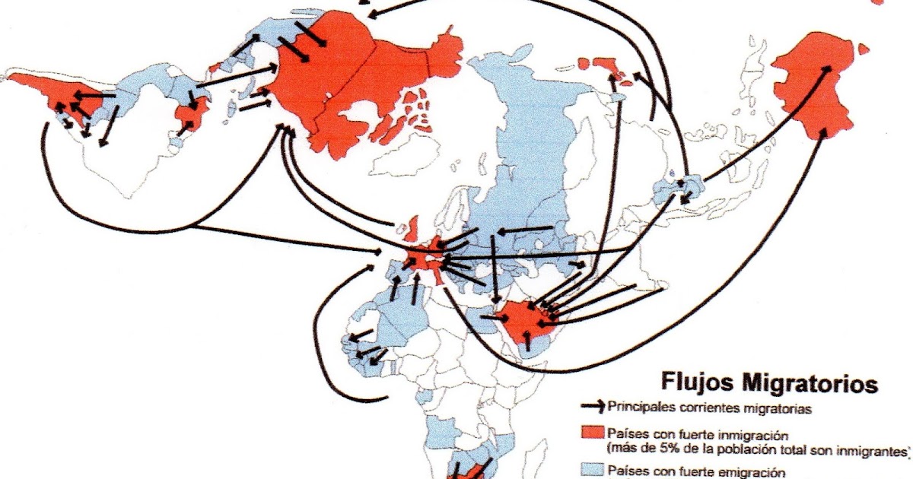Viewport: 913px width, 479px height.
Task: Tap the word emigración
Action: (x=745, y=471)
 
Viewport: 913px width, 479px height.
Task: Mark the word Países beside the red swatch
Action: (x=624, y=433)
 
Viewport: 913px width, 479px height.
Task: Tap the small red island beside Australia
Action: (x=863, y=50)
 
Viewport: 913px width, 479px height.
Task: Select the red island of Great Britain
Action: (x=413, y=227)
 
